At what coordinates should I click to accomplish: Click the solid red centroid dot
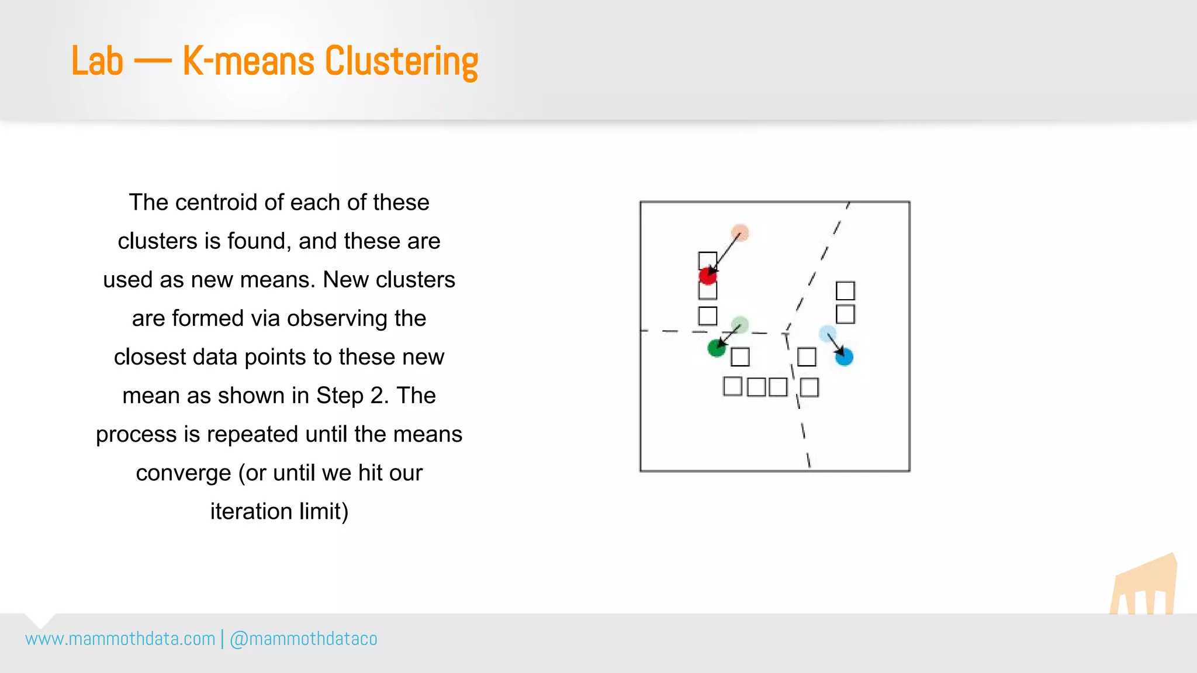tap(708, 276)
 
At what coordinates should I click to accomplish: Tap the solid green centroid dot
tap(717, 348)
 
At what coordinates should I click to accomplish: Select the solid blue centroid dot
tap(844, 356)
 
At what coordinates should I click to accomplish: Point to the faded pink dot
tap(740, 233)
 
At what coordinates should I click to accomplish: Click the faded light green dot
tap(740, 324)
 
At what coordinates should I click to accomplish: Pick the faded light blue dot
tap(827, 334)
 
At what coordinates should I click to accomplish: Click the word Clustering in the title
tap(401, 61)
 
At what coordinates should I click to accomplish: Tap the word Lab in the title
tap(97, 61)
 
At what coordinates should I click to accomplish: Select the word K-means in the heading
tap(248, 61)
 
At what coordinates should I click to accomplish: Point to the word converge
tap(183, 473)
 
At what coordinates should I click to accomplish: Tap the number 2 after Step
tap(378, 396)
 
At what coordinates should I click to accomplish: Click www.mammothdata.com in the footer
tap(120, 639)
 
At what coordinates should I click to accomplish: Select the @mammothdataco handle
tap(303, 639)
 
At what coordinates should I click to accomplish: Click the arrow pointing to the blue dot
tap(836, 345)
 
